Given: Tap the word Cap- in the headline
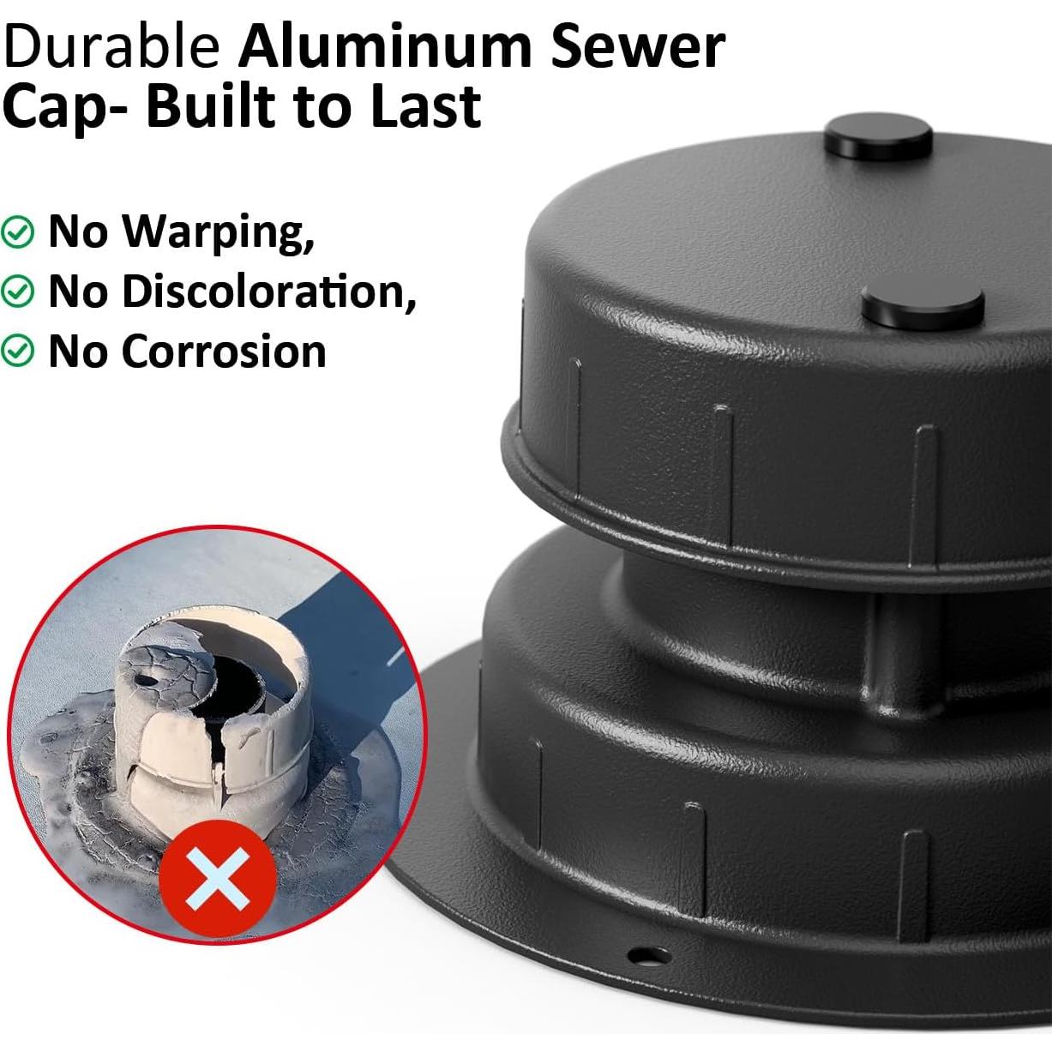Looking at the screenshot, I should pyautogui.click(x=64, y=107).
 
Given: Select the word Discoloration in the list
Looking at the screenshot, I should pyautogui.click(x=269, y=292).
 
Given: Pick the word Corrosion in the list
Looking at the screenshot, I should pyautogui.click(x=225, y=352).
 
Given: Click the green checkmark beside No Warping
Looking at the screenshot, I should pyautogui.click(x=17, y=231).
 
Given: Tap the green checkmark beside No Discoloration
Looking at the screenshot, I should pyautogui.click(x=17, y=292).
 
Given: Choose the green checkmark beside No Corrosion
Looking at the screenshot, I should pyautogui.click(x=17, y=352).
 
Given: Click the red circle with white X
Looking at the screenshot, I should pyautogui.click(x=218, y=880).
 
